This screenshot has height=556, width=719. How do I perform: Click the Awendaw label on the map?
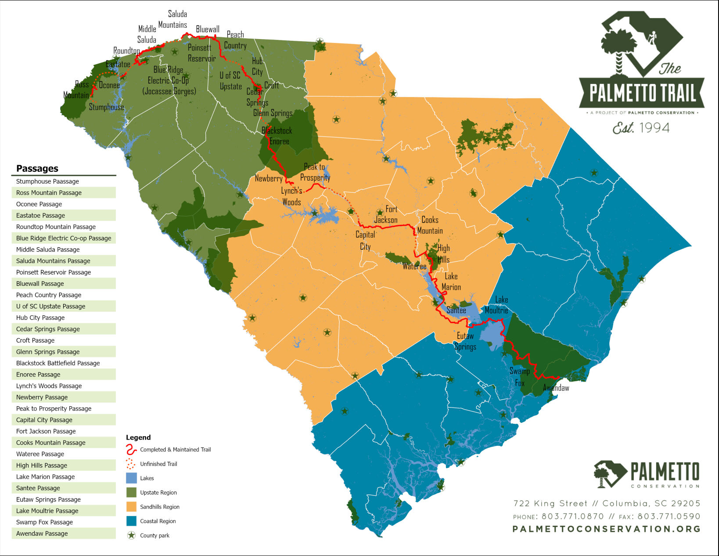(x=556, y=388)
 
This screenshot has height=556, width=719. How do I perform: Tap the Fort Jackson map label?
(x=386, y=215)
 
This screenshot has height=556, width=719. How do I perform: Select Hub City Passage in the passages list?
(x=40, y=318)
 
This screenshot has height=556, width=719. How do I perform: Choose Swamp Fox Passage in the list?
(x=44, y=522)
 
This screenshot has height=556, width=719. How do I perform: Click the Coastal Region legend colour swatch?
(x=131, y=521)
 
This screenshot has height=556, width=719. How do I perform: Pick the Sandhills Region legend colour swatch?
(x=131, y=507)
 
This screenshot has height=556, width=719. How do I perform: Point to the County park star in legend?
(x=131, y=535)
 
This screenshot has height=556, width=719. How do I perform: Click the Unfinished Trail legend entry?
(x=158, y=464)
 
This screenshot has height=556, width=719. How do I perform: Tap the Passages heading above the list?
(x=37, y=169)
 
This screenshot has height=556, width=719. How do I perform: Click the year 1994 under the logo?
(x=654, y=128)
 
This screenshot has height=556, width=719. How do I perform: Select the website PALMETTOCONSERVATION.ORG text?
(x=606, y=529)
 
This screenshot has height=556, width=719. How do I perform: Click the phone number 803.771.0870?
(x=572, y=516)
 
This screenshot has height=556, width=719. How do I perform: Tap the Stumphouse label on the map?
(x=106, y=107)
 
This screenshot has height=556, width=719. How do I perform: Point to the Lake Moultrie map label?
(x=497, y=305)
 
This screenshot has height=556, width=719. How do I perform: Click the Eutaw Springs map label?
(x=465, y=341)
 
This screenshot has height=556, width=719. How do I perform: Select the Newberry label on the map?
(x=269, y=178)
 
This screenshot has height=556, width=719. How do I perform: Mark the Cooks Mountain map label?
(x=430, y=225)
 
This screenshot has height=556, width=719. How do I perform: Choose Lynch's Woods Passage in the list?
(x=49, y=386)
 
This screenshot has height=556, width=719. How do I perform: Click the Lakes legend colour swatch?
(x=131, y=478)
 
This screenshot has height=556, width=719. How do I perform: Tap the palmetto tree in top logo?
(x=619, y=48)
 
